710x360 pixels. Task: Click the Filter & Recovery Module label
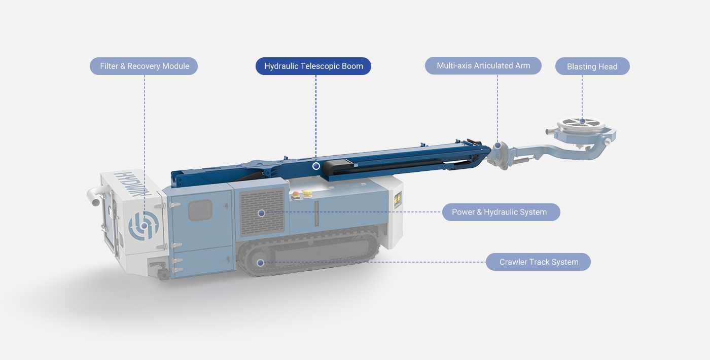(144, 66)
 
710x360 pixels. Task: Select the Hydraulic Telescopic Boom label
(313, 66)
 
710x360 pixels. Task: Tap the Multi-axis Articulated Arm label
(483, 65)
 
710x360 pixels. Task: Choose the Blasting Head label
(592, 66)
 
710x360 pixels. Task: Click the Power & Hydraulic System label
(501, 212)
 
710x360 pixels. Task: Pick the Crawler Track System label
(538, 262)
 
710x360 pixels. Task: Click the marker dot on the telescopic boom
(316, 166)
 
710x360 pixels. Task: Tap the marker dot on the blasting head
(582, 121)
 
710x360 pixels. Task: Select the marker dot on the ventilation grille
(262, 213)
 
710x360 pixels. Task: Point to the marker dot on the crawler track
(260, 263)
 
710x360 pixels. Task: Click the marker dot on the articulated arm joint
(498, 146)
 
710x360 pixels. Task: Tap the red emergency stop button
(296, 195)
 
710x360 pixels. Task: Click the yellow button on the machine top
(307, 193)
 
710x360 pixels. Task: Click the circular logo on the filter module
(144, 225)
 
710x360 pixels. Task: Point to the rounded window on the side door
(200, 210)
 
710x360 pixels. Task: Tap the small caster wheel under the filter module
(163, 274)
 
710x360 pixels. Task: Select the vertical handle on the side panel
(316, 213)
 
